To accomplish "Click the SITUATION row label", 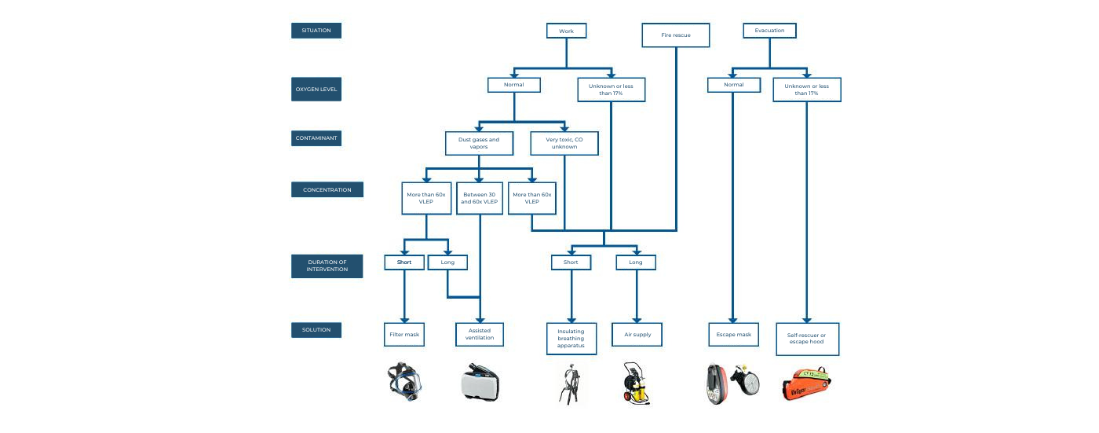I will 316,31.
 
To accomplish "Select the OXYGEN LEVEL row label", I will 316,89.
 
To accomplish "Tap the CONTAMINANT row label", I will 316,138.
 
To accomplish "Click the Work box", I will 566,31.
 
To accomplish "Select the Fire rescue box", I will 676,35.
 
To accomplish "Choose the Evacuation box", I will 769,31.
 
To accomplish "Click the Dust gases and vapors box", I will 479,143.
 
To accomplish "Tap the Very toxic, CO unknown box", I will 564,143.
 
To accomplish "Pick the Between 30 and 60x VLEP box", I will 479,198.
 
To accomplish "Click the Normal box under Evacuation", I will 733,84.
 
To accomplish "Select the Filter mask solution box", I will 404,334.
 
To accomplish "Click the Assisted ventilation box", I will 480,334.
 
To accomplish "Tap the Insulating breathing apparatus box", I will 571,339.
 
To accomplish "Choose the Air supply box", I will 636,334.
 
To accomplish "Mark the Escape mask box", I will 733,334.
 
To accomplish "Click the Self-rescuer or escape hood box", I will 806,339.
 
